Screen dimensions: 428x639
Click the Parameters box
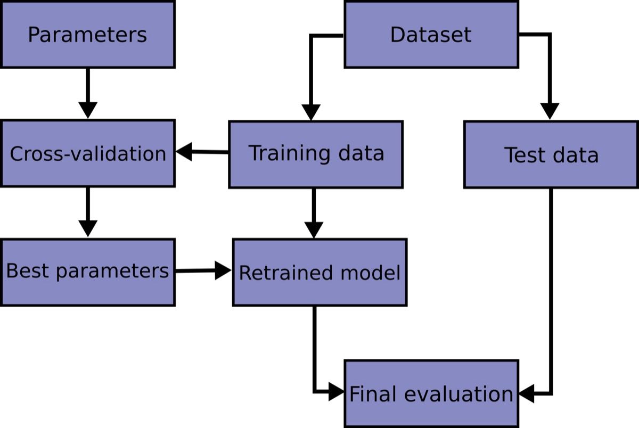(x=87, y=35)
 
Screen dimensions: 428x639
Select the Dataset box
(x=431, y=35)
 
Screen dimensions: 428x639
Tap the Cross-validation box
(x=87, y=153)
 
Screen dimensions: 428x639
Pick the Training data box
(x=316, y=154)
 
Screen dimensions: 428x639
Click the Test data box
(x=551, y=154)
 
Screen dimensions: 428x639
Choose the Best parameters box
(x=87, y=271)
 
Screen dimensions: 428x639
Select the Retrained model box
(x=319, y=272)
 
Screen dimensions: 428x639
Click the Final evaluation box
(x=431, y=393)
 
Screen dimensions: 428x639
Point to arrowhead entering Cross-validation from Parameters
(x=87, y=111)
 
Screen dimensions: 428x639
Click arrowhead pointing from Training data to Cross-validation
(x=184, y=152)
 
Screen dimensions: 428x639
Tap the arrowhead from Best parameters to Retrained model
(x=223, y=270)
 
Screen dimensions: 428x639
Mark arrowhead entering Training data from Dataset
(x=310, y=112)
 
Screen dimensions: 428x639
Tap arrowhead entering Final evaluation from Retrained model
(x=336, y=393)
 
